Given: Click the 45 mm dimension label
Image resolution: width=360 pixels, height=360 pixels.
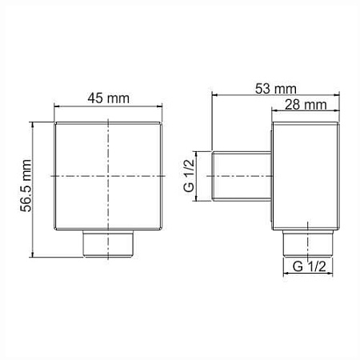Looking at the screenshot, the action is (x=108, y=98).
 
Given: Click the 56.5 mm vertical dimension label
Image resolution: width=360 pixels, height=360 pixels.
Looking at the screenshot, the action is (x=26, y=186).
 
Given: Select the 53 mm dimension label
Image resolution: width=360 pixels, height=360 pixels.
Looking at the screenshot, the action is (x=276, y=89).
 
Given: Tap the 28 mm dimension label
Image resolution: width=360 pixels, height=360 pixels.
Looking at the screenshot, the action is (x=306, y=105).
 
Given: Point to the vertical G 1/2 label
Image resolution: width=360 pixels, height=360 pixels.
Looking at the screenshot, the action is (x=189, y=176).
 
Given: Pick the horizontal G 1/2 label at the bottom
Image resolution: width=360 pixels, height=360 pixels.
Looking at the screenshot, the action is (x=310, y=266).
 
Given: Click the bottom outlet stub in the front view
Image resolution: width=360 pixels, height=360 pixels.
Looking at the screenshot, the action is (x=108, y=243).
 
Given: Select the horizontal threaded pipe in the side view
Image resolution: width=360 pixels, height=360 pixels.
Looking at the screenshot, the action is (x=242, y=176).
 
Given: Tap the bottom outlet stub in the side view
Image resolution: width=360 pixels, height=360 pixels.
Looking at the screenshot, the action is (x=308, y=243).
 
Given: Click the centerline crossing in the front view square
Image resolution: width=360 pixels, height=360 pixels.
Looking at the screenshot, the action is (x=108, y=176).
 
